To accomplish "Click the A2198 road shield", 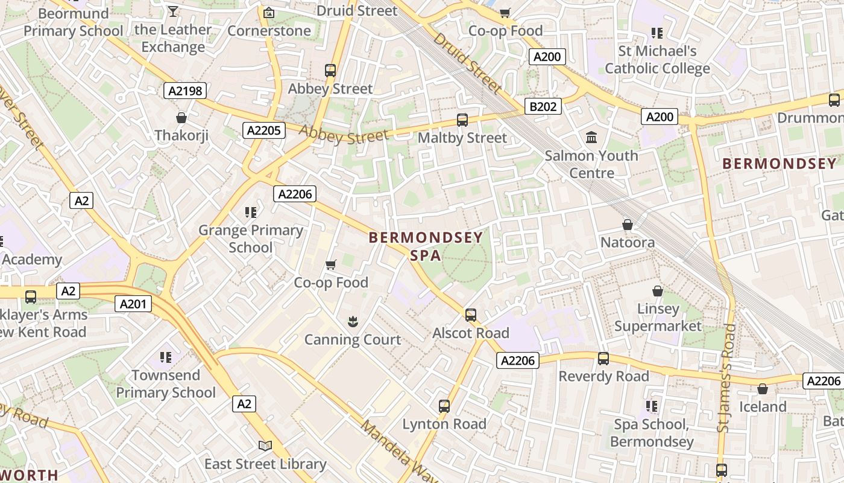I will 185,91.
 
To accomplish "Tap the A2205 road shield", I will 263,130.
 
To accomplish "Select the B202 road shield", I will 543,107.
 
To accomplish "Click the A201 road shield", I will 133,304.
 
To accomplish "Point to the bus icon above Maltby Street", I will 462,120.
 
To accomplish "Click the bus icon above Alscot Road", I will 471,315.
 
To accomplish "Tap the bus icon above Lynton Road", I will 444,406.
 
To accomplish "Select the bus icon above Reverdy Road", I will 603,359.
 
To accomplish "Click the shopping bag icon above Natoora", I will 628,225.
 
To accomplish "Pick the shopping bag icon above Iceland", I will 763,389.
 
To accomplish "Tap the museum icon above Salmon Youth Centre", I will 591,138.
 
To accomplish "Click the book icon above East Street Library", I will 265,446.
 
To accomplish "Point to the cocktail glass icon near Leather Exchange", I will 173,11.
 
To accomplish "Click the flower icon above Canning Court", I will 353,322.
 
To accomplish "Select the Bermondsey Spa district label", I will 426,246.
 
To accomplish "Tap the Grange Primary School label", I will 251,238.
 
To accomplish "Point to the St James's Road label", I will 727,378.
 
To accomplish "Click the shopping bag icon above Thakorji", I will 181,118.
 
